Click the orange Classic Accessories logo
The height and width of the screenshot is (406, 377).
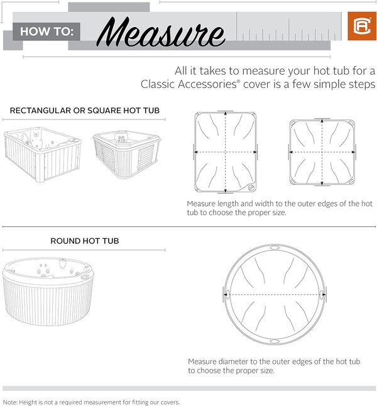tap(362, 26)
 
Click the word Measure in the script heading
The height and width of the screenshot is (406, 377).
tap(162, 31)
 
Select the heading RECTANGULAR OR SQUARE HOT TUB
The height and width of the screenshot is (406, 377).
tap(84, 111)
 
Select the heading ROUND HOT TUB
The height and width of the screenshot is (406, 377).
tap(84, 241)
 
